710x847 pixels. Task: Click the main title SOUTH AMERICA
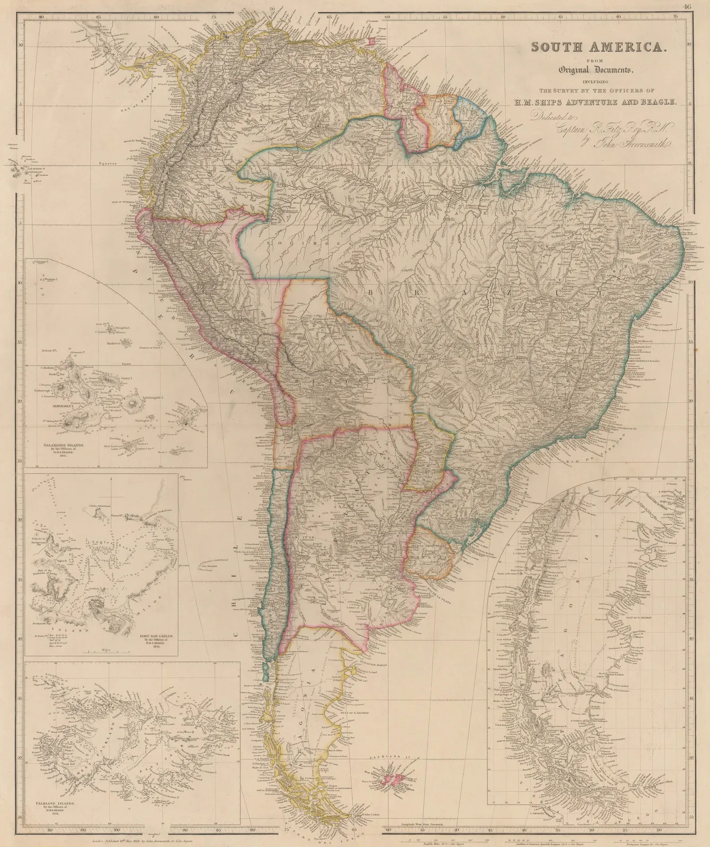click(598, 47)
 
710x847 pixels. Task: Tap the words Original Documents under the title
click(598, 70)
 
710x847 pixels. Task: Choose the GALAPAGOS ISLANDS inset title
click(63, 446)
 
